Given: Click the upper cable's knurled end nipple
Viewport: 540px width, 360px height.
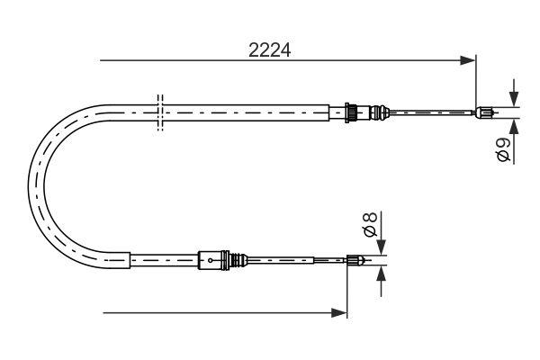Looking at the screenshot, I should click(x=484, y=112).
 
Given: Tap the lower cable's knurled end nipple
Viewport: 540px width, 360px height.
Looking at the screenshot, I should click(x=355, y=262).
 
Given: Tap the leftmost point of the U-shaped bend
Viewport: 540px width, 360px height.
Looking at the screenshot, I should click(x=31, y=185).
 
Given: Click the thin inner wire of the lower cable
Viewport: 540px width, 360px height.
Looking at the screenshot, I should click(x=297, y=262).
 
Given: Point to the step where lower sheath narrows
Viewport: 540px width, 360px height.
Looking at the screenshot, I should click(x=131, y=261).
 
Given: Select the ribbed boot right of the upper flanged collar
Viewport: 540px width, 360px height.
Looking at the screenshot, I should click(x=363, y=112).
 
